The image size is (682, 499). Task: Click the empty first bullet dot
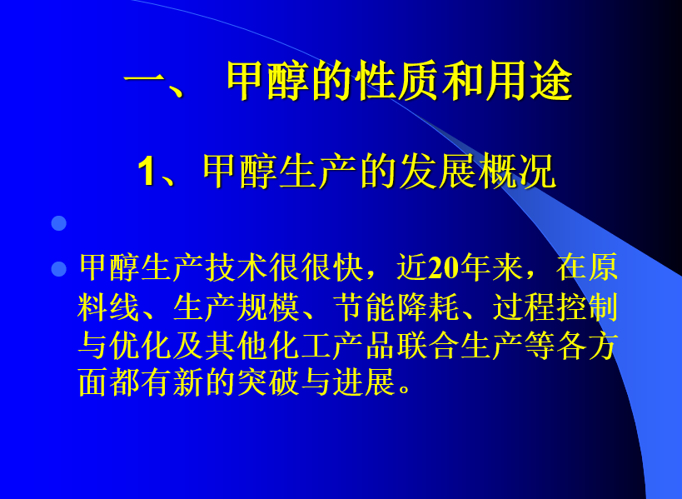click(x=59, y=223)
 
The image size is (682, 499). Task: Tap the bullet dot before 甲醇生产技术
click(x=59, y=269)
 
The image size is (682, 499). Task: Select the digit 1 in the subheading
click(x=147, y=172)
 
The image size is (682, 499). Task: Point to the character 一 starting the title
click(x=144, y=82)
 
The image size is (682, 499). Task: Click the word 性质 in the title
click(x=397, y=82)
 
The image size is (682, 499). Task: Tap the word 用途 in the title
click(x=529, y=82)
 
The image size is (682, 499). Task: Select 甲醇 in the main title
click(x=267, y=82)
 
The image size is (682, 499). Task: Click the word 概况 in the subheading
click(x=517, y=172)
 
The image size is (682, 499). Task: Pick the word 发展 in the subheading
click(x=438, y=172)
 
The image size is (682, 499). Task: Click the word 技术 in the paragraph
click(x=236, y=267)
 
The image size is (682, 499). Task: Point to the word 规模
click(x=268, y=307)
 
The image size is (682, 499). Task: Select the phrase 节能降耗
click(x=396, y=307)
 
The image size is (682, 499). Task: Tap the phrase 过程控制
click(x=555, y=307)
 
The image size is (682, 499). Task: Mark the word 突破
click(x=268, y=382)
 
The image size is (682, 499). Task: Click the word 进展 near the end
click(x=365, y=382)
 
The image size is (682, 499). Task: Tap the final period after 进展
click(x=404, y=389)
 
